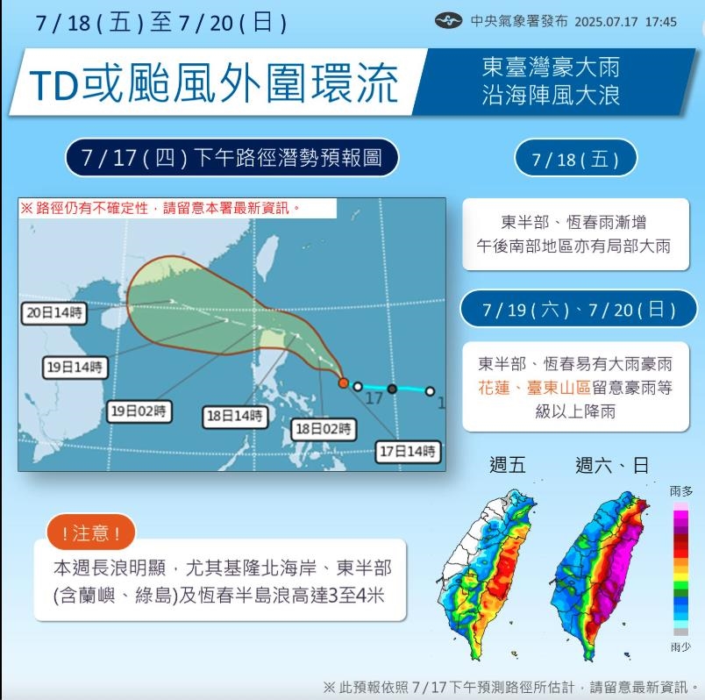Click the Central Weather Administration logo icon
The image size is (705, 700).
(x=449, y=21)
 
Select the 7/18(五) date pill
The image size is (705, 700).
(x=575, y=159)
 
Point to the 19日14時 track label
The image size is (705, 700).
(x=74, y=368)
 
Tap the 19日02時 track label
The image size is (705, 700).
(x=139, y=411)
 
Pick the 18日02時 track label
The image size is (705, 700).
(x=324, y=429)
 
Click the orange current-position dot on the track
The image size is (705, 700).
(x=344, y=383)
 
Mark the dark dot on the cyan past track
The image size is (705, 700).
(x=392, y=388)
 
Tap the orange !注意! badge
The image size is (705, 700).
(x=92, y=532)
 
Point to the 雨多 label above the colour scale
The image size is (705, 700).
(x=680, y=491)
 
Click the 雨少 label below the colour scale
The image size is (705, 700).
(x=680, y=647)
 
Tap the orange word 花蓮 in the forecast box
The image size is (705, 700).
(x=494, y=388)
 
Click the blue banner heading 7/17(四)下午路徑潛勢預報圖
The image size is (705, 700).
(x=231, y=159)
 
